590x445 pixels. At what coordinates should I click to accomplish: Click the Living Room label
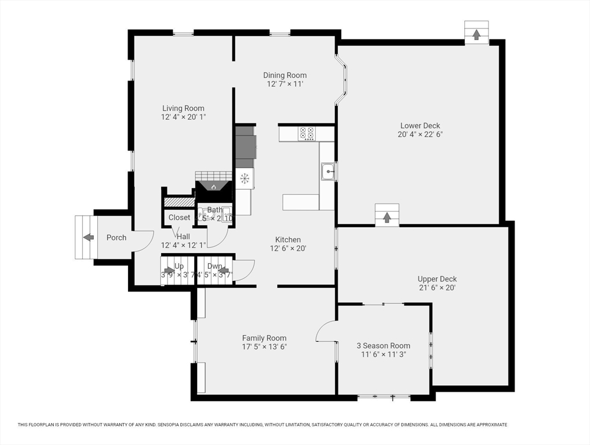point(183,108)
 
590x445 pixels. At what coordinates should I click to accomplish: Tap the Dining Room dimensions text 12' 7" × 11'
point(285,84)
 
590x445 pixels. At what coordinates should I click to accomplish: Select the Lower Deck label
point(420,126)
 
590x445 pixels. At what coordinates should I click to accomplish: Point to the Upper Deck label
point(437,279)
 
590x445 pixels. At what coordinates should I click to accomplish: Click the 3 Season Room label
point(383,346)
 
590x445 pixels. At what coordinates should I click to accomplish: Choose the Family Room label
point(264,338)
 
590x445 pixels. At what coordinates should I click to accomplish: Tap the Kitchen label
point(287,240)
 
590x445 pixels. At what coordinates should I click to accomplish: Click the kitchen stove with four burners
point(307,134)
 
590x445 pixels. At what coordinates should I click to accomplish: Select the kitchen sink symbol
point(327,171)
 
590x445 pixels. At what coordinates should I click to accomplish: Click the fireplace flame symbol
point(213,187)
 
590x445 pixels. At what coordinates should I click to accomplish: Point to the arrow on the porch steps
point(88,237)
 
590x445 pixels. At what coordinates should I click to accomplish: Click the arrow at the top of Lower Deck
point(476,35)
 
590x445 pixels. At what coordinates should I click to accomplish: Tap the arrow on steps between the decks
point(387,217)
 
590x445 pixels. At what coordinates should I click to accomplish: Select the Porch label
point(116,238)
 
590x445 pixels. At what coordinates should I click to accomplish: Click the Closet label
point(179,218)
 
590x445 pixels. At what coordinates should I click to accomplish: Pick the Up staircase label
point(179,267)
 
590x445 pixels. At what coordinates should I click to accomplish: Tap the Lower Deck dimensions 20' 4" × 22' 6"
point(420,134)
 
